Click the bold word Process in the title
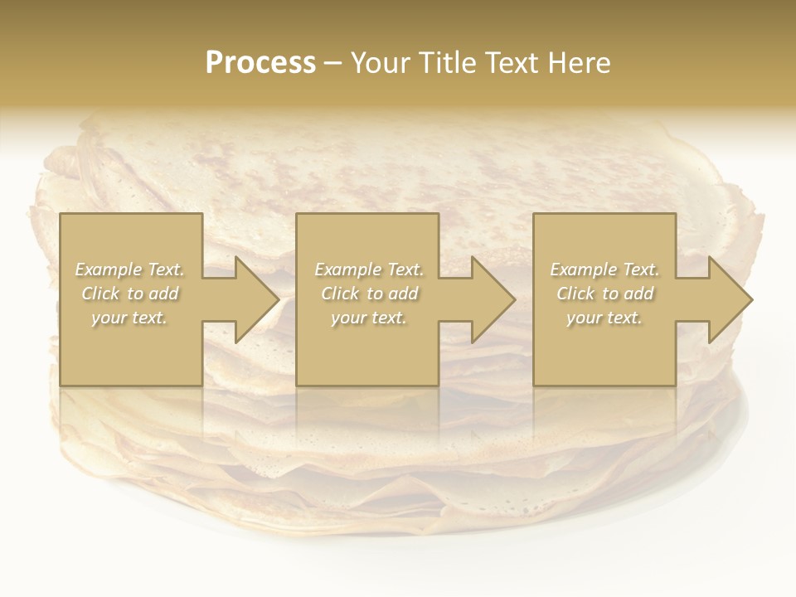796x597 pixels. pos(260,63)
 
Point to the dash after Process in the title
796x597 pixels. pos(333,64)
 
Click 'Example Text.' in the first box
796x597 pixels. pos(130,269)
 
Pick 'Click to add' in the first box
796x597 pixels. pos(130,294)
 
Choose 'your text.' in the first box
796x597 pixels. pos(130,318)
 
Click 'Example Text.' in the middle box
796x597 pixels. pos(369,269)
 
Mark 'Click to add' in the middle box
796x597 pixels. pos(369,294)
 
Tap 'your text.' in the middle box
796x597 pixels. pos(369,318)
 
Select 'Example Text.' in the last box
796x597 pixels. pos(604,269)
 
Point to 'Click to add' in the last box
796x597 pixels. pos(604,294)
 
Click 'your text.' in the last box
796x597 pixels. pos(604,318)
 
